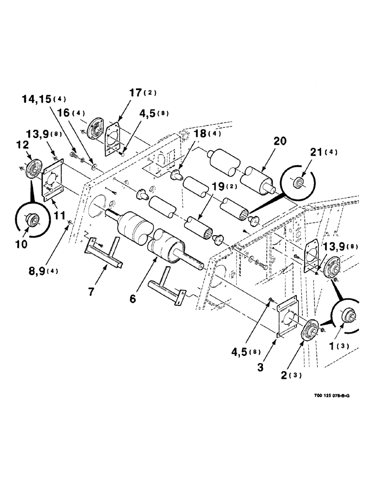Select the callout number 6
132,298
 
